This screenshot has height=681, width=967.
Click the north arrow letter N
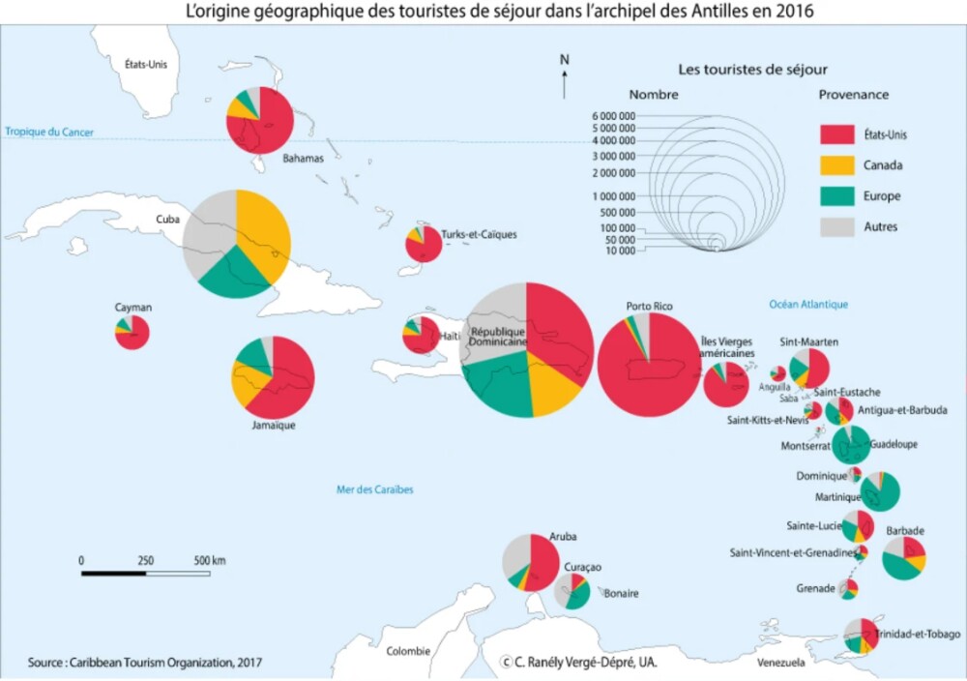(x=565, y=61)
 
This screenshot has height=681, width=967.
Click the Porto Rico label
(x=649, y=307)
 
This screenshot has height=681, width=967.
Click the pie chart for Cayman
(x=132, y=332)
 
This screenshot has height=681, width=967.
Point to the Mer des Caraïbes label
(x=374, y=490)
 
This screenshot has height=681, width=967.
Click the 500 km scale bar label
(x=210, y=560)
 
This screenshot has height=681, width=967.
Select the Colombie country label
(x=407, y=651)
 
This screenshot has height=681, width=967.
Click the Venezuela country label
(x=780, y=664)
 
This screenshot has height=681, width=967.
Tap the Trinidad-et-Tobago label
(x=918, y=635)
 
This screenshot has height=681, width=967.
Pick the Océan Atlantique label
(x=808, y=305)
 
